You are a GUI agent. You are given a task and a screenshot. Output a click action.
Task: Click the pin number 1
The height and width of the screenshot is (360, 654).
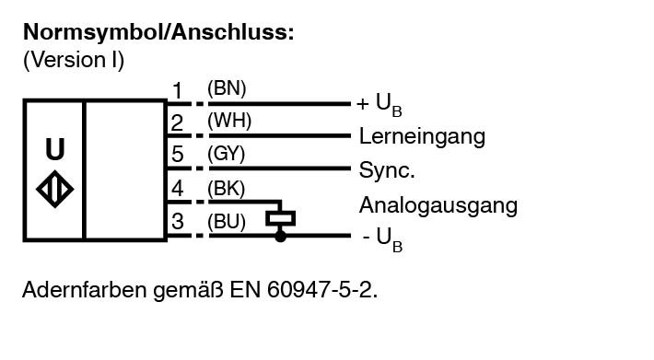(178, 90)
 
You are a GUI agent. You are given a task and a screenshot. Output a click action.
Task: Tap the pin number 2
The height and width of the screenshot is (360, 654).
(177, 123)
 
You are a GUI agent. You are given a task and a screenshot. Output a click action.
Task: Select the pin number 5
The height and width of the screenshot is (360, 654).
(177, 154)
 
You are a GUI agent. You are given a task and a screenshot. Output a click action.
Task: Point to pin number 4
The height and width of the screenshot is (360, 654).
(177, 189)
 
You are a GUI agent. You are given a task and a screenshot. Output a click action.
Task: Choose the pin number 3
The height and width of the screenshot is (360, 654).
(177, 221)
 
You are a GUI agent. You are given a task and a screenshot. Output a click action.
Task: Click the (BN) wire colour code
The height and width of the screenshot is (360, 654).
(227, 88)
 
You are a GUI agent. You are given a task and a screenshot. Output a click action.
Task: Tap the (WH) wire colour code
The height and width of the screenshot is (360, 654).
(229, 122)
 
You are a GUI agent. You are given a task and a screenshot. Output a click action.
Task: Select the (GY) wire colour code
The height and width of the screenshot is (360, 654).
(226, 154)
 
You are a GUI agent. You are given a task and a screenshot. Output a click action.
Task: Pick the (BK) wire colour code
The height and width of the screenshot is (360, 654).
(226, 189)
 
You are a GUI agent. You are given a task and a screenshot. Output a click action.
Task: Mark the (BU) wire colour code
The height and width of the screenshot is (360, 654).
(227, 221)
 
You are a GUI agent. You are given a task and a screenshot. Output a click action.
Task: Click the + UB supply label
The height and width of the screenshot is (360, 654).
(380, 104)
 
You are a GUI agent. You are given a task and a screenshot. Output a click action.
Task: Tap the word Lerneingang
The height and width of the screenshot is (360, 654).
(422, 136)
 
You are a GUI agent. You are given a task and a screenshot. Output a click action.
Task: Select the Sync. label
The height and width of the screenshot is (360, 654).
(387, 170)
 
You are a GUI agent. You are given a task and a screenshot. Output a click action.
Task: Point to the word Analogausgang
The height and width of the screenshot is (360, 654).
(438, 205)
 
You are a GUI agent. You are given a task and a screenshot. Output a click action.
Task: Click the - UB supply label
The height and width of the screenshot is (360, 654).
(382, 239)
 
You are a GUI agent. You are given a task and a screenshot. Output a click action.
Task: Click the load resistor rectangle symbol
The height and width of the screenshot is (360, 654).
(281, 218)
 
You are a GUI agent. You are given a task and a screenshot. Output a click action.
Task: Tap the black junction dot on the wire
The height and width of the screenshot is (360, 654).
(281, 237)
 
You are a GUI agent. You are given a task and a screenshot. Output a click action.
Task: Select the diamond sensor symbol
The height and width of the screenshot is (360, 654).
(55, 189)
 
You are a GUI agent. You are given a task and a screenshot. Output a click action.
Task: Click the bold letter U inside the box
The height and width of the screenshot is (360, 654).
(55, 149)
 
